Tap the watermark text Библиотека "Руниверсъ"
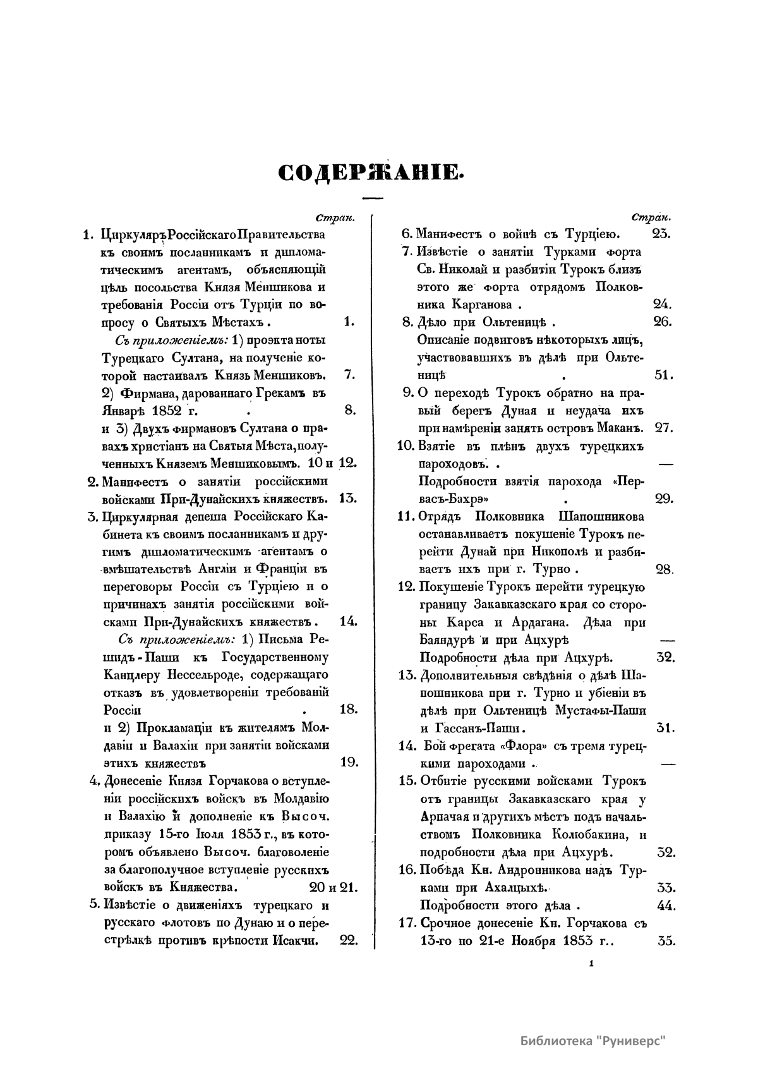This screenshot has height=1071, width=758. [594, 1041]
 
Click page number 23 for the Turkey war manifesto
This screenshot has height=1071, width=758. [660, 234]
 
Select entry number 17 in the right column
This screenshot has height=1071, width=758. [407, 923]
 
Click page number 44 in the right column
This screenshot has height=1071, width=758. [664, 905]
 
